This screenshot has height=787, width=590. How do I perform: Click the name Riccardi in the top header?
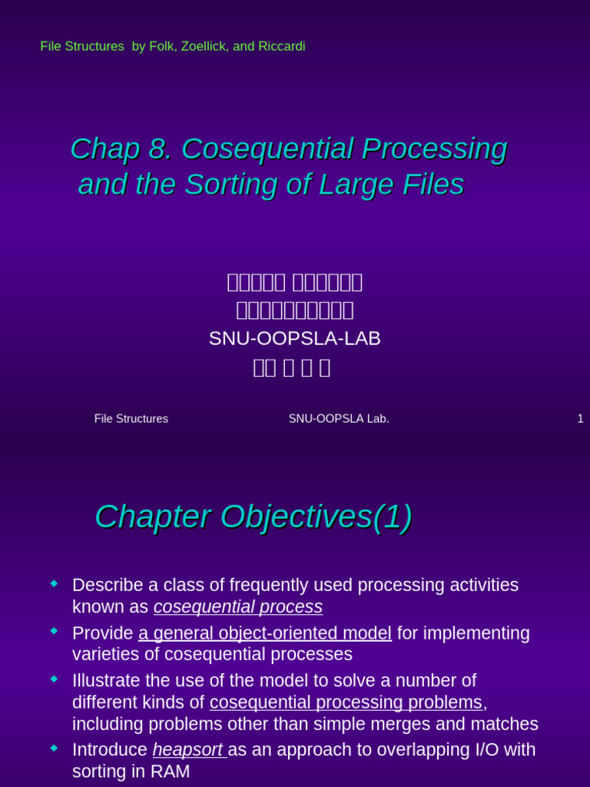280,47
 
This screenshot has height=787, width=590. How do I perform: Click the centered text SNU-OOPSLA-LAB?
295,339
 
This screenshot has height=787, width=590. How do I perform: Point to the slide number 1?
580,419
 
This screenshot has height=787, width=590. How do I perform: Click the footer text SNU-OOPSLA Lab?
339,419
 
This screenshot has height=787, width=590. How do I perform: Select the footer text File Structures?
131,419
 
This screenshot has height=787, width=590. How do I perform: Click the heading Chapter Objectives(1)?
253,517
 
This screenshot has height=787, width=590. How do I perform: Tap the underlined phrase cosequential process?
238,607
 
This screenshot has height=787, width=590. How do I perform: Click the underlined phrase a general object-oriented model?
265,633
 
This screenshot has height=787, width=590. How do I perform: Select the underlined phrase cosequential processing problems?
346,702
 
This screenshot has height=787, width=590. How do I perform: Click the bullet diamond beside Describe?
54,584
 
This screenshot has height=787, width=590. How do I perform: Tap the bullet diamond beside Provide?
54,631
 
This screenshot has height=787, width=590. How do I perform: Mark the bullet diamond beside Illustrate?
54,679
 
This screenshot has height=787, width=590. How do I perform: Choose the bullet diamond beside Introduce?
54,748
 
